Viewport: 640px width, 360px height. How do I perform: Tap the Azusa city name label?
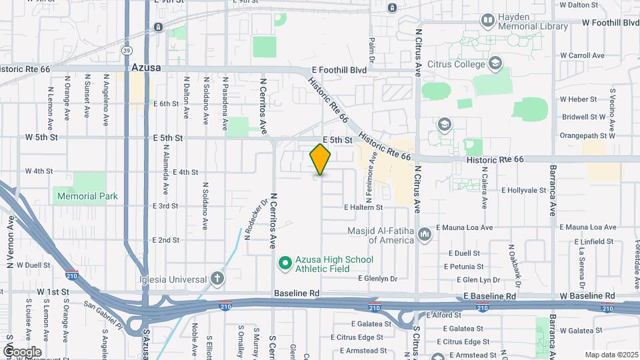click(x=145, y=67)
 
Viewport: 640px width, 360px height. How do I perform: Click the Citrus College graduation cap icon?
click(x=495, y=63)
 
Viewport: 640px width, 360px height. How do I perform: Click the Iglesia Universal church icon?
click(x=217, y=279)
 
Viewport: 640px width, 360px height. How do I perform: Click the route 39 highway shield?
click(x=127, y=50)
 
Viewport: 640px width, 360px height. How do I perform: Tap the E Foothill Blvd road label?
click(x=339, y=69)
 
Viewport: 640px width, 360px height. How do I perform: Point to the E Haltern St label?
click(x=363, y=207)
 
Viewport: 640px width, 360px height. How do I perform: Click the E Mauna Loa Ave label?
click(x=464, y=227)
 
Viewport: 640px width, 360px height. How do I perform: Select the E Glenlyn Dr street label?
click(x=377, y=279)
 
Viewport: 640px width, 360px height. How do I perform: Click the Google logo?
click(x=22, y=351)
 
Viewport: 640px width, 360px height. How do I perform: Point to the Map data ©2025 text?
click(x=611, y=355)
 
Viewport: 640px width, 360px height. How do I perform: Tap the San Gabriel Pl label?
click(x=103, y=315)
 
